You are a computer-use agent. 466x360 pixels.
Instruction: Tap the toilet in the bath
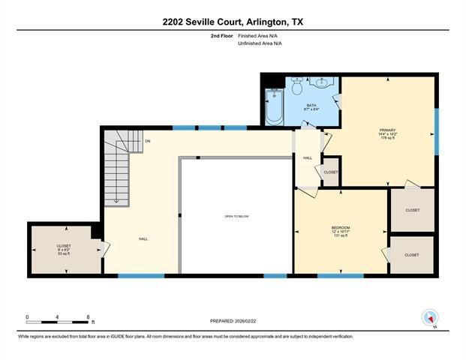[298, 88]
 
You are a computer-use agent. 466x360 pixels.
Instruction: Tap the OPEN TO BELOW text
[236, 216]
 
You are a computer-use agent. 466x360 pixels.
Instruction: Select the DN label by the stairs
[148, 140]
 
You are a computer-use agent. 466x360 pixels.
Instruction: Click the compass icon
[430, 317]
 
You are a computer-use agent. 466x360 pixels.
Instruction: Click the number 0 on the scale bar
[27, 316]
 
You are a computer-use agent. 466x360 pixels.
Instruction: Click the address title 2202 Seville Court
[233, 22]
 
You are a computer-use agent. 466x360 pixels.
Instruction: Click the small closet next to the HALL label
[331, 172]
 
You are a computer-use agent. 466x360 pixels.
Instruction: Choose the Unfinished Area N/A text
[260, 43]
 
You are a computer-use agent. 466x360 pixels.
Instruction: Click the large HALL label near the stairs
[143, 238]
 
